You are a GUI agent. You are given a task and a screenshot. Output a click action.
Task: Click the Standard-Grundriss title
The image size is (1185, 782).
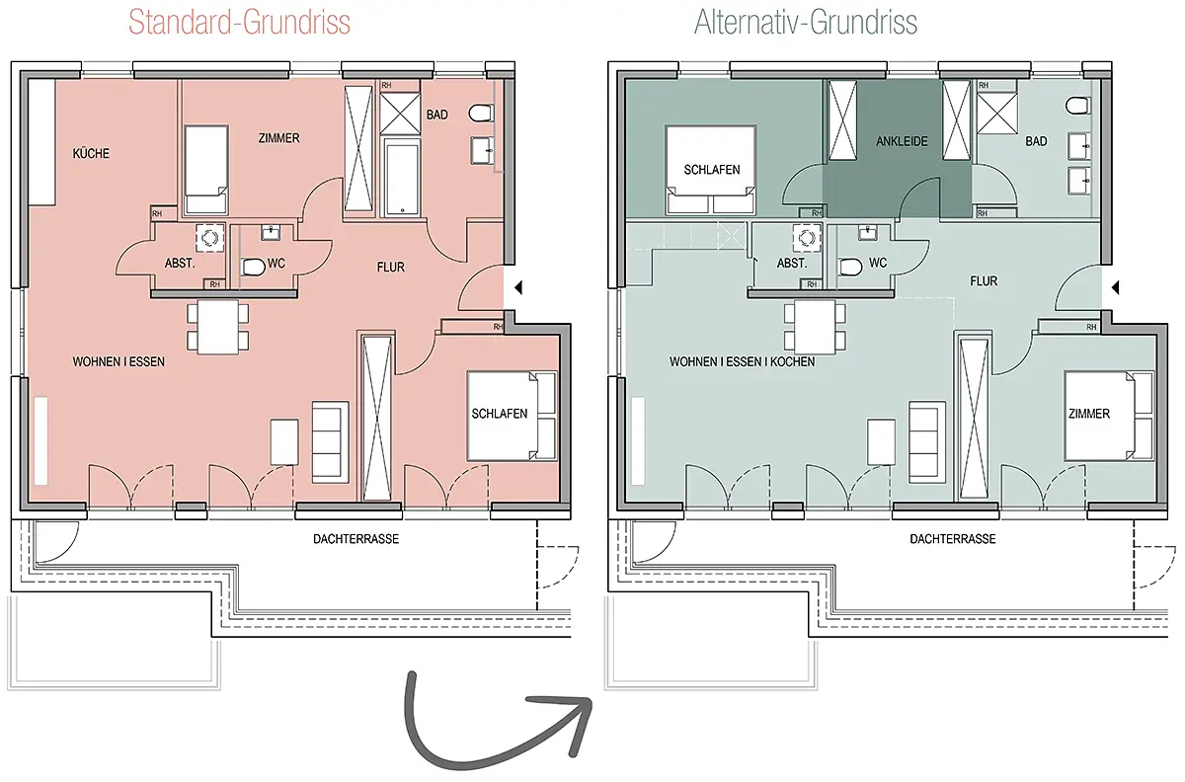(x=239, y=23)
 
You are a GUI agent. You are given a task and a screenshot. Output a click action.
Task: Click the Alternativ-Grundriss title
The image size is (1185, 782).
(x=806, y=23)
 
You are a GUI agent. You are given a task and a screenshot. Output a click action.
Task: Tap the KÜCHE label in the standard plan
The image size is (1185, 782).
(x=91, y=153)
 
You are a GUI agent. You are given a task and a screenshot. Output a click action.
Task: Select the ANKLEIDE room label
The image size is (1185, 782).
(x=902, y=141)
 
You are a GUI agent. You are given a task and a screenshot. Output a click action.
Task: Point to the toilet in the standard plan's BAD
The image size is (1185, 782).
(x=481, y=113)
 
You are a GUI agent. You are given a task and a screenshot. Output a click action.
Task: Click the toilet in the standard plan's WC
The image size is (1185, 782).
(x=253, y=267)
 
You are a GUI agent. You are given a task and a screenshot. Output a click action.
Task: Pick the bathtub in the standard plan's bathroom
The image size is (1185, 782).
(x=402, y=178)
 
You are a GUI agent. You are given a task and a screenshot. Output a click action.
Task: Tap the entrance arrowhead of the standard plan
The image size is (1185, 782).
(x=518, y=288)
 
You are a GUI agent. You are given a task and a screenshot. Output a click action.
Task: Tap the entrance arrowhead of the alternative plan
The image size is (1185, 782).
(x=1115, y=288)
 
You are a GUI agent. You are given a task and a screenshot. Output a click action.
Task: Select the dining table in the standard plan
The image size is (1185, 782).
(x=218, y=327)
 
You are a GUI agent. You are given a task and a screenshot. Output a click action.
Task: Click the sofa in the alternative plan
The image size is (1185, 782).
(x=927, y=442)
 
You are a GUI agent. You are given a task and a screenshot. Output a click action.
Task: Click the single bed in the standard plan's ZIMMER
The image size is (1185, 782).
(x=205, y=169)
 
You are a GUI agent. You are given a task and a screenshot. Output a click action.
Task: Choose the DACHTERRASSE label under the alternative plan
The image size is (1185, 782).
(x=953, y=539)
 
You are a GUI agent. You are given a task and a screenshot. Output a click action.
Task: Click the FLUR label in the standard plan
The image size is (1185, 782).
(x=391, y=268)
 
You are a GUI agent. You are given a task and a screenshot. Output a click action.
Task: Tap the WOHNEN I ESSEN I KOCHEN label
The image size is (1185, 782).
(x=742, y=362)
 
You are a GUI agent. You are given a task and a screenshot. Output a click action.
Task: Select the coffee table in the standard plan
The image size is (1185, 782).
(x=284, y=442)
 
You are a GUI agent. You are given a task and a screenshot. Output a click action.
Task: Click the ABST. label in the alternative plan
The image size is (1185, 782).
(x=792, y=263)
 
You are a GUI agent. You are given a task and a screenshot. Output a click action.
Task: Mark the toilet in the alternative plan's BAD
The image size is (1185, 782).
(x=1077, y=106)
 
